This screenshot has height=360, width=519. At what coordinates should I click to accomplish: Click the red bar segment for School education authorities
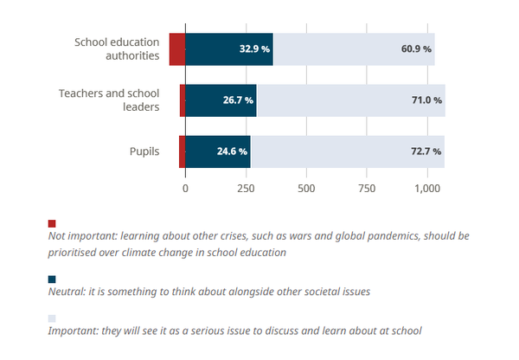[x=177, y=49]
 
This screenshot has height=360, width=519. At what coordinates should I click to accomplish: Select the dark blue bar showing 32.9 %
[x=229, y=49]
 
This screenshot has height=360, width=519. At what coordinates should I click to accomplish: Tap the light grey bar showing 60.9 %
[x=354, y=49]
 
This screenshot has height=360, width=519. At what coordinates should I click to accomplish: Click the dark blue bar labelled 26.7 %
[x=221, y=100]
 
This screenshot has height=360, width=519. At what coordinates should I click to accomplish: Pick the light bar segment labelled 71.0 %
[x=350, y=100]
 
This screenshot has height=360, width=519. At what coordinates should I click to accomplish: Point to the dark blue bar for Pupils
[x=218, y=151]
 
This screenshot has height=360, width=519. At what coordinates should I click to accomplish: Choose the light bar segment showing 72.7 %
[x=348, y=151]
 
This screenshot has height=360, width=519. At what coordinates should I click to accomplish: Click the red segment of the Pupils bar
[x=182, y=151]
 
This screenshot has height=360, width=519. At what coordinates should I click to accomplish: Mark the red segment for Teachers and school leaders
[x=183, y=100]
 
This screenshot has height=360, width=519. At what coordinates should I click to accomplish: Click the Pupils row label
[x=144, y=151]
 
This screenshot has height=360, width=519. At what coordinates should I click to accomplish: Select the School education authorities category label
[x=117, y=49]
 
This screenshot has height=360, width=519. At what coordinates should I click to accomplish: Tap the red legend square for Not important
[x=52, y=223]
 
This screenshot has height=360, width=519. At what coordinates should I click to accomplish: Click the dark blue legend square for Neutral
[x=52, y=280]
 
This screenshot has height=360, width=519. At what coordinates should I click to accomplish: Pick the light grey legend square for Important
[x=52, y=318]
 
